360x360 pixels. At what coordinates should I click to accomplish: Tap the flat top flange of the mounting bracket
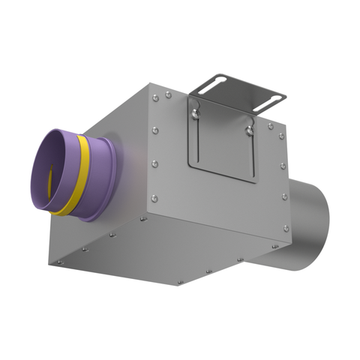tap(235, 85)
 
